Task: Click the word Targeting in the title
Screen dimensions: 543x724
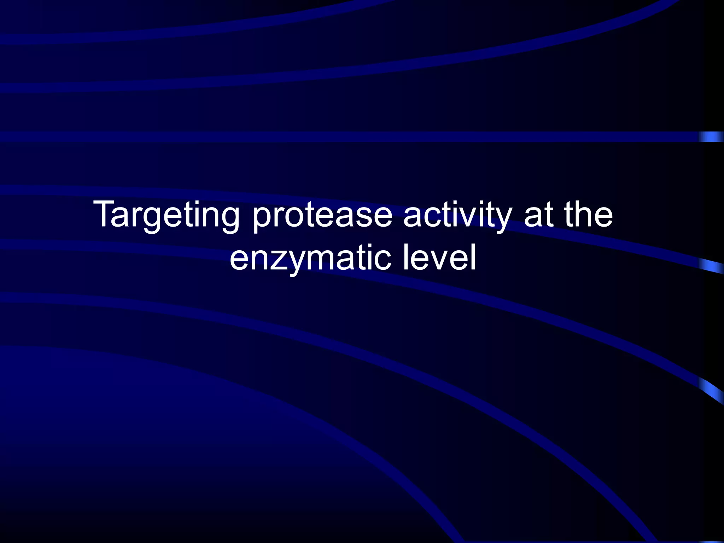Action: pyautogui.click(x=166, y=215)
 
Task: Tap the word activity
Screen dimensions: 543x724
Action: pyautogui.click(x=457, y=215)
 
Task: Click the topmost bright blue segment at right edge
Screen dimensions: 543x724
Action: pyautogui.click(x=711, y=137)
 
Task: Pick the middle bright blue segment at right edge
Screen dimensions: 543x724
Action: pyautogui.click(x=711, y=266)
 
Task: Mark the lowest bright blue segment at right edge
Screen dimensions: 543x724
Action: pyautogui.click(x=711, y=391)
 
